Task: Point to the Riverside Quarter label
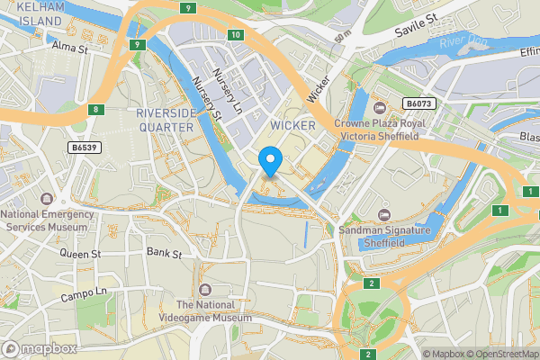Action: pos(165,120)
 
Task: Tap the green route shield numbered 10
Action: pos(235,35)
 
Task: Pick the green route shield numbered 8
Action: pos(97,110)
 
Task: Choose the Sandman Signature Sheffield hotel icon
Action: pos(385,214)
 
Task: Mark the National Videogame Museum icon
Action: pos(206,289)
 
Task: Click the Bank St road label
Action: pos(164,253)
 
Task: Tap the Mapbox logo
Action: pos(40,348)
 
